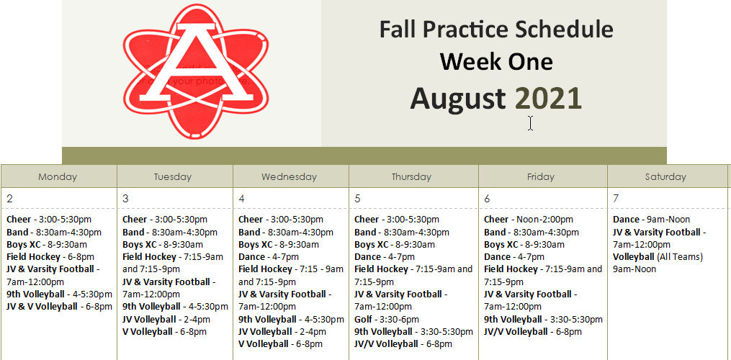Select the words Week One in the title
point(496,62)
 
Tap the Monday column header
point(58,176)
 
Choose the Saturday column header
point(665,176)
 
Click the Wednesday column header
point(289,176)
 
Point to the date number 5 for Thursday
point(359,199)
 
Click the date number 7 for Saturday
point(616,199)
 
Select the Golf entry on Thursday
point(386,319)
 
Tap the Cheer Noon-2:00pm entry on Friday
point(529,220)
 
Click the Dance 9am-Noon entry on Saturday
point(651,220)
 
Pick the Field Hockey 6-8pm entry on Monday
point(50,256)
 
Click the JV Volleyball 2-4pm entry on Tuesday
point(166,319)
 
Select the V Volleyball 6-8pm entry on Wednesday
point(280,344)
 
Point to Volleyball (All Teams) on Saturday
point(658,256)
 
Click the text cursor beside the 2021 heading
point(530,123)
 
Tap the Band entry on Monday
point(54,232)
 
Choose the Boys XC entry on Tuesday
point(162,244)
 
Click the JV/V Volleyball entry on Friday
point(532,331)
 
